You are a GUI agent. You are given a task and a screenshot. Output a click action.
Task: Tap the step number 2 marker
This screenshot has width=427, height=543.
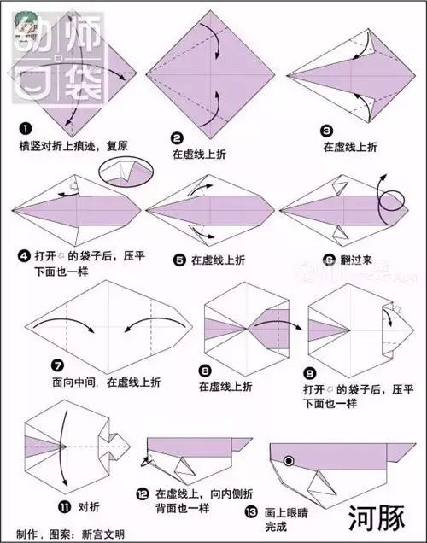click(x=177, y=138)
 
